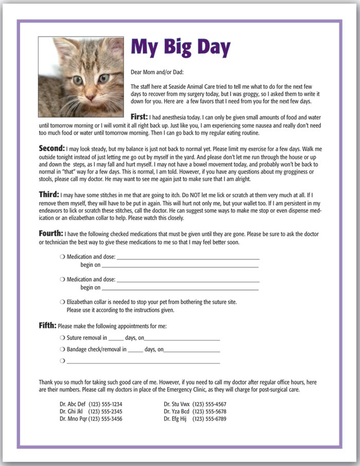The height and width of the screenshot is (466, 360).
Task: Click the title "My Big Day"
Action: pyautogui.click(x=181, y=47)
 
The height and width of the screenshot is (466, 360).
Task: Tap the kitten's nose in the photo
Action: pyautogui.click(x=91, y=97)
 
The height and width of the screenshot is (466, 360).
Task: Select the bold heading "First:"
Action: pyautogui.click(x=139, y=117)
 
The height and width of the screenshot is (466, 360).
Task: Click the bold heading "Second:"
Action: pyautogui.click(x=52, y=148)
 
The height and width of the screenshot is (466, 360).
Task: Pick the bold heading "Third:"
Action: pyautogui.click(x=49, y=195)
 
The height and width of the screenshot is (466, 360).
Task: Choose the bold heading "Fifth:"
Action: pyautogui.click(x=48, y=326)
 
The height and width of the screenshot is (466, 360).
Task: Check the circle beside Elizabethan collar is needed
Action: pyautogui.click(x=62, y=302)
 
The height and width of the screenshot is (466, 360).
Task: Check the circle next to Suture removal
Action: pyautogui.click(x=62, y=338)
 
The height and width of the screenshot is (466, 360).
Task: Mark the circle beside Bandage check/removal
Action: pyautogui.click(x=62, y=349)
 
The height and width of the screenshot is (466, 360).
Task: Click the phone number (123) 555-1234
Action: pyautogui.click(x=105, y=404)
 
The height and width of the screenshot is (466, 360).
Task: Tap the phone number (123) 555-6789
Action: pyautogui.click(x=209, y=419)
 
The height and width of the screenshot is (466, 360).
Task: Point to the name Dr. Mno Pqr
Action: pyautogui.click(x=74, y=419)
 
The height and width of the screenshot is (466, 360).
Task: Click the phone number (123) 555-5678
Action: pyautogui.click(x=209, y=412)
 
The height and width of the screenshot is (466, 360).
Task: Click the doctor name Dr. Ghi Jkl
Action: pyautogui.click(x=72, y=412)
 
